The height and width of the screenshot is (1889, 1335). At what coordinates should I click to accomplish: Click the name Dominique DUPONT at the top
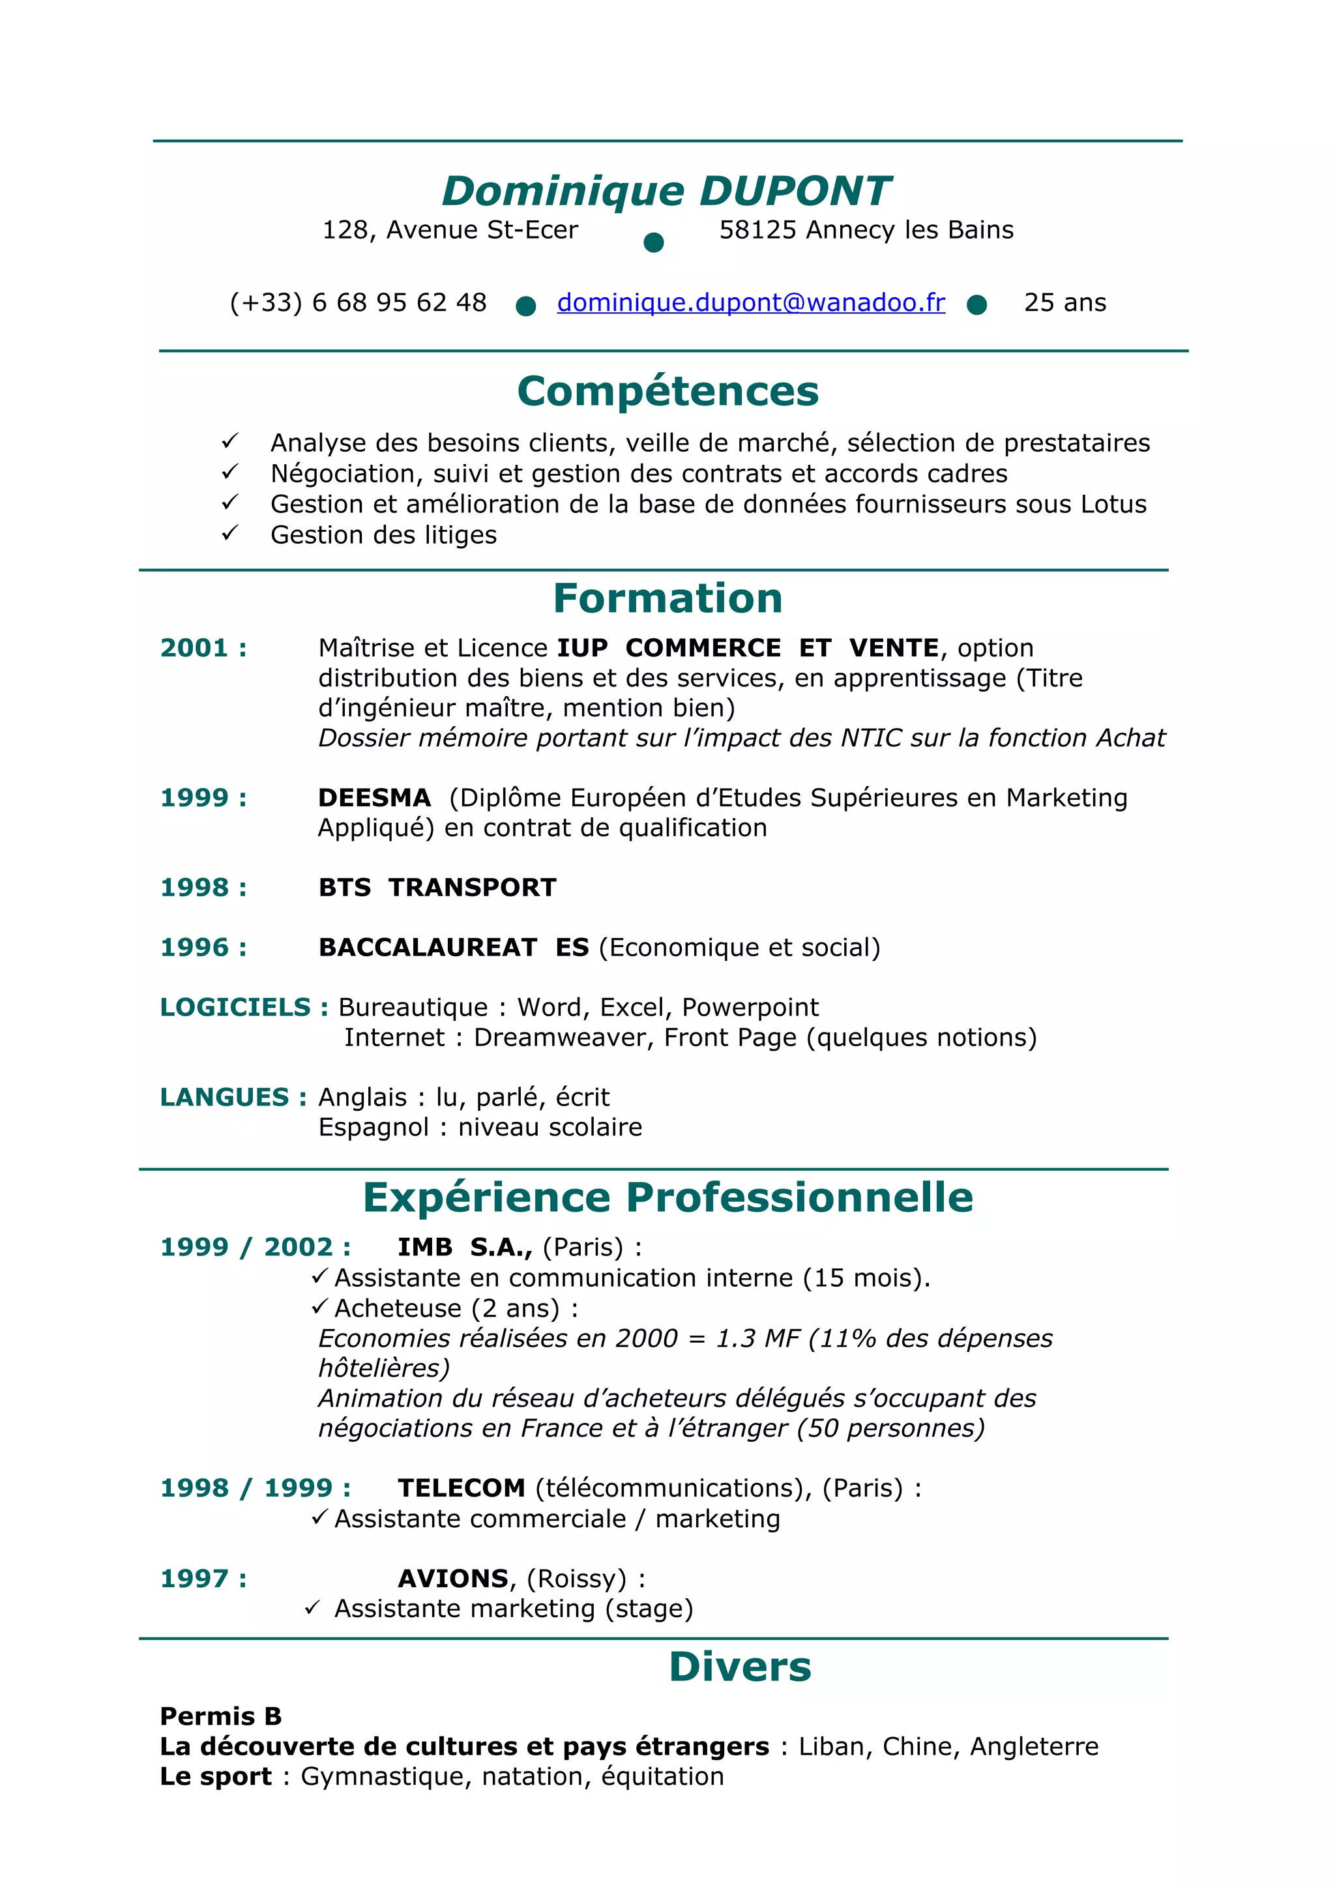[666, 191]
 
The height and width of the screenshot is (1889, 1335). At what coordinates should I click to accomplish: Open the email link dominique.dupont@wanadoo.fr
[750, 302]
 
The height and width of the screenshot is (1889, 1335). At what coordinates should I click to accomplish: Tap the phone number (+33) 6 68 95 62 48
[358, 302]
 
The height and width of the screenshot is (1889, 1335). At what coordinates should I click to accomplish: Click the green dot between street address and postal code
[653, 242]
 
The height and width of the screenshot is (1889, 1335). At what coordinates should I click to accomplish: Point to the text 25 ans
[1064, 302]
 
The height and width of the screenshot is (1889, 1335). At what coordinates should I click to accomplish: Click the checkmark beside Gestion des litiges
[229, 533]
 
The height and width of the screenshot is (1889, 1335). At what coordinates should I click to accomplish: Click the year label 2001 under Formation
[194, 649]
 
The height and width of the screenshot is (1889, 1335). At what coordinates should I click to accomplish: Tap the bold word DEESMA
[374, 798]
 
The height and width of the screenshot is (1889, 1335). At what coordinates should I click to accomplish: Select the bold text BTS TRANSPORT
[437, 888]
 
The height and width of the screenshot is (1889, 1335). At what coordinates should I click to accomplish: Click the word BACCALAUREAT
[428, 948]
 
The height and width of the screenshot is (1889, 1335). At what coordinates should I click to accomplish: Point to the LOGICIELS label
[235, 1008]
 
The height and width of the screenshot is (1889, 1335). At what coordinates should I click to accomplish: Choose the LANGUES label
[224, 1098]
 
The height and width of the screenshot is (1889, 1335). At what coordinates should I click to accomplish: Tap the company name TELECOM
[461, 1488]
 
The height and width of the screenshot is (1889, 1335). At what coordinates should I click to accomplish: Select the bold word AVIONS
[453, 1579]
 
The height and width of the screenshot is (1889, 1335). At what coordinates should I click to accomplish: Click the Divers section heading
[739, 1667]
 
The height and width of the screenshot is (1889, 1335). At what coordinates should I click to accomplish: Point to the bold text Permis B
[220, 1716]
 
